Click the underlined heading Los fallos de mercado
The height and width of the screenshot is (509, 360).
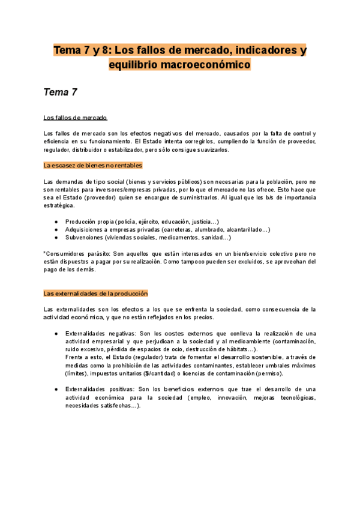(75, 117)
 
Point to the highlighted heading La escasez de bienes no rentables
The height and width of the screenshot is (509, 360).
(93, 165)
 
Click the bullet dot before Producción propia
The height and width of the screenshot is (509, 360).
(56, 221)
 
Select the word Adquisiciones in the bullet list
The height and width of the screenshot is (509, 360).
(88, 229)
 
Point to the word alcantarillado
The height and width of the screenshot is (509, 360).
(242, 229)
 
